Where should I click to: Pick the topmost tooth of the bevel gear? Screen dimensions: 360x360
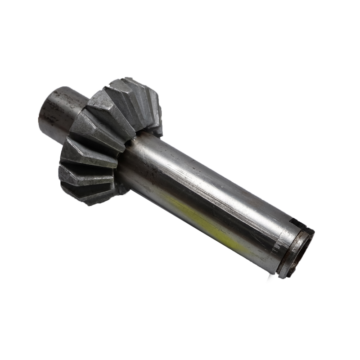[x=135, y=85]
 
